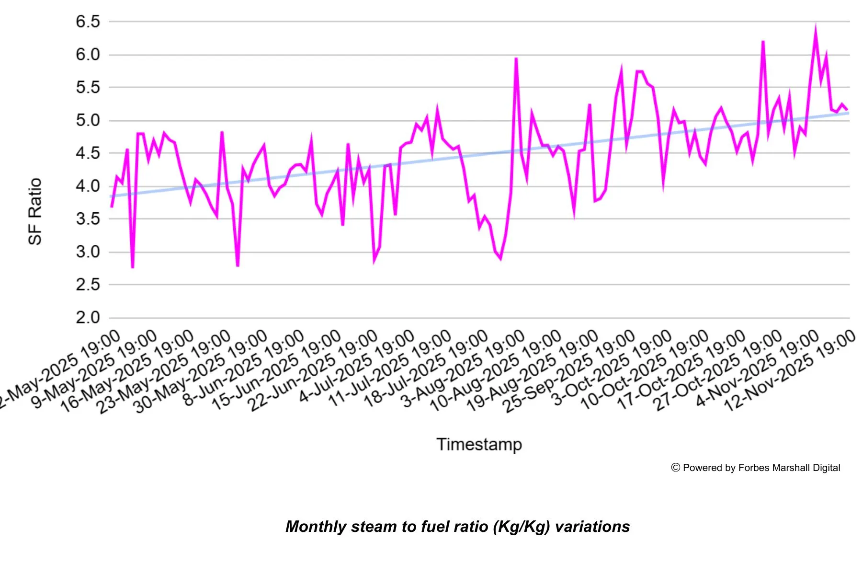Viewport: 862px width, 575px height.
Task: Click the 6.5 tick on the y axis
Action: pos(88,22)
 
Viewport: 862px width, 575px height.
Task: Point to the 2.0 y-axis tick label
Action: pos(88,317)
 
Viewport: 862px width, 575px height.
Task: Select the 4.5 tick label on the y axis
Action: pos(88,153)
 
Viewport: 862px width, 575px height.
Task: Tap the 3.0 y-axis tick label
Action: pos(88,252)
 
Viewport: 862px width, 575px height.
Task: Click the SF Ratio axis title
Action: pos(35,211)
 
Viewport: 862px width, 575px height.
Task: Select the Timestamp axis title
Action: pos(479,444)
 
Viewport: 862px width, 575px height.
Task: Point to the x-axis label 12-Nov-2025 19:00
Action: pos(790,371)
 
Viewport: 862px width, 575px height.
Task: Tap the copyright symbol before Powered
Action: pos(676,468)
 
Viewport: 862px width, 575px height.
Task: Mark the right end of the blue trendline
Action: pos(848,113)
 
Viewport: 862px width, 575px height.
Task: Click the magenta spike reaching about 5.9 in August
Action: pos(516,59)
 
